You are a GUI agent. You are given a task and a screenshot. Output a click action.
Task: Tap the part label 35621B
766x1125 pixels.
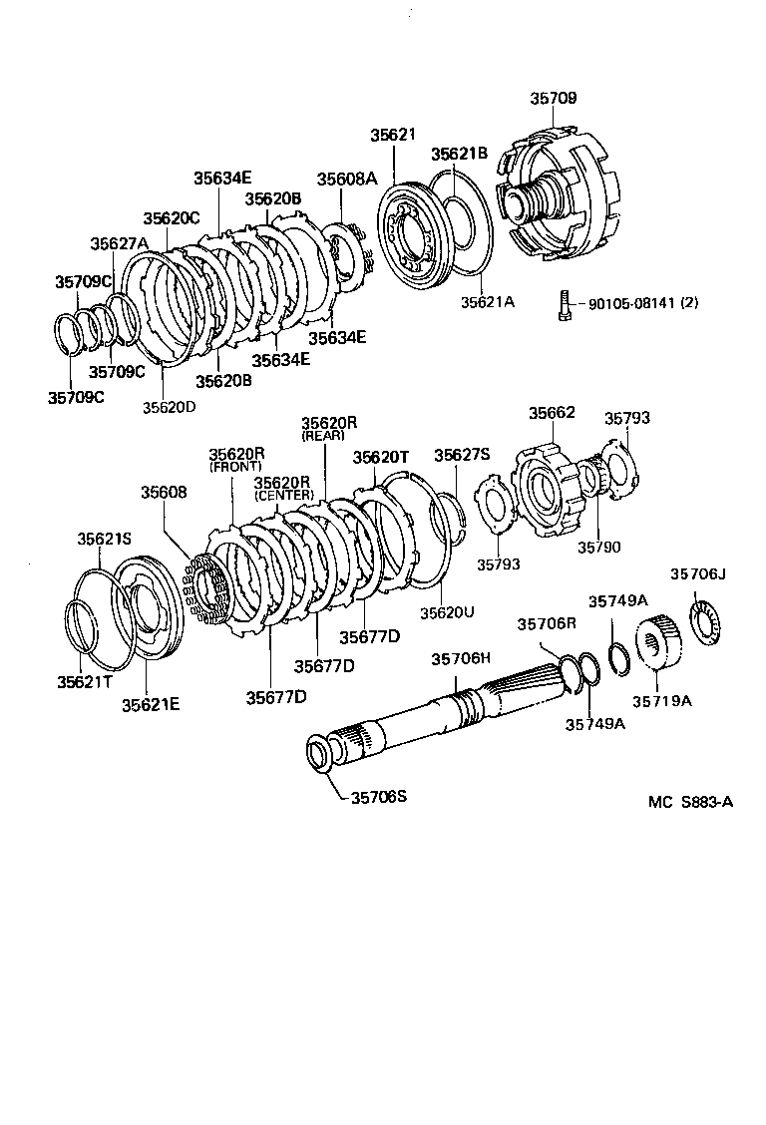[x=459, y=154]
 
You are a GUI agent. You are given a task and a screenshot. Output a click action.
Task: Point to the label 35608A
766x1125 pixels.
[x=347, y=179]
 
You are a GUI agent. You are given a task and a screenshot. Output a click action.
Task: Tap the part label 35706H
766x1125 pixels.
[x=461, y=658]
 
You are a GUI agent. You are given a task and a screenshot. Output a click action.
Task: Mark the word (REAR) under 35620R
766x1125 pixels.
[x=323, y=436]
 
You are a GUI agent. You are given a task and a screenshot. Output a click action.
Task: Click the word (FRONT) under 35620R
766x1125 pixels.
[x=235, y=467]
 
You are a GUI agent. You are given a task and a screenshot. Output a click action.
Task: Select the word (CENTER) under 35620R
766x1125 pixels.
[x=284, y=495]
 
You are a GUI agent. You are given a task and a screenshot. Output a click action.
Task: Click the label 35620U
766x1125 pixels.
[x=446, y=611]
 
